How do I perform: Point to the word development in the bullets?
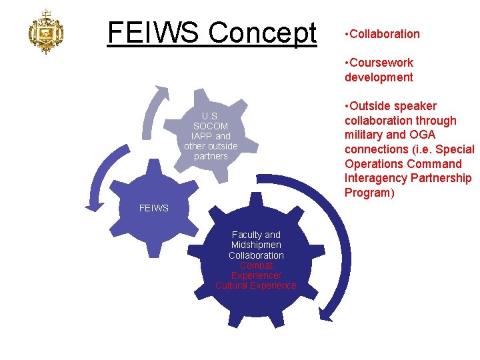point(379,77)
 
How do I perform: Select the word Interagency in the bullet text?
point(377,178)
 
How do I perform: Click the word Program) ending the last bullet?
point(371,193)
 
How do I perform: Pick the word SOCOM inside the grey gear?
point(211,126)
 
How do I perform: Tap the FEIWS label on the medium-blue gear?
point(154,208)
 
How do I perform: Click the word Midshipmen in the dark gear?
point(256,245)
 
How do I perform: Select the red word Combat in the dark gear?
point(256,265)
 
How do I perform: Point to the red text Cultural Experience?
point(256,285)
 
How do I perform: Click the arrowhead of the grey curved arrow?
point(159,89)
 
